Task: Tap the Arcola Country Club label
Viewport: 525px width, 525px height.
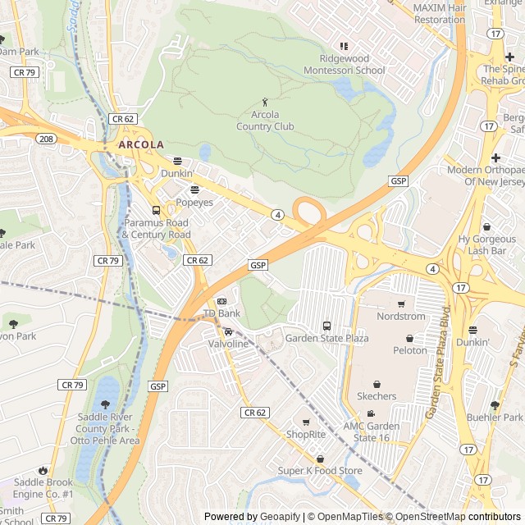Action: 265,121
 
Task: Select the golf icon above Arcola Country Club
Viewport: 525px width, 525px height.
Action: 264,101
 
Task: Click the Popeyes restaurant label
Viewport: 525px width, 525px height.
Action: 194,202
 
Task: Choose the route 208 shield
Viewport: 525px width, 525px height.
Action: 46,139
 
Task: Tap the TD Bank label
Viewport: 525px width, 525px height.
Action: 221,313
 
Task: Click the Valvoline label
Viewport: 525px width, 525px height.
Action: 227,344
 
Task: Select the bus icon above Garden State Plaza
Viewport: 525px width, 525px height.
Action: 326,326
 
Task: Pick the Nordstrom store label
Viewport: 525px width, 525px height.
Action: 401,316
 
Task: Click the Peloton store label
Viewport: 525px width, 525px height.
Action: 410,350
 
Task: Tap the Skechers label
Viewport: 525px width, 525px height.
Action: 377,396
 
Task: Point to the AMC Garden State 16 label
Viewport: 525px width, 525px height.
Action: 372,431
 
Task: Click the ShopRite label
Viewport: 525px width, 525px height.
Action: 306,434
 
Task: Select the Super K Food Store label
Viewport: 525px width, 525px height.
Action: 320,470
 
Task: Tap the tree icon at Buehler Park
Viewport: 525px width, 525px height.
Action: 495,404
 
